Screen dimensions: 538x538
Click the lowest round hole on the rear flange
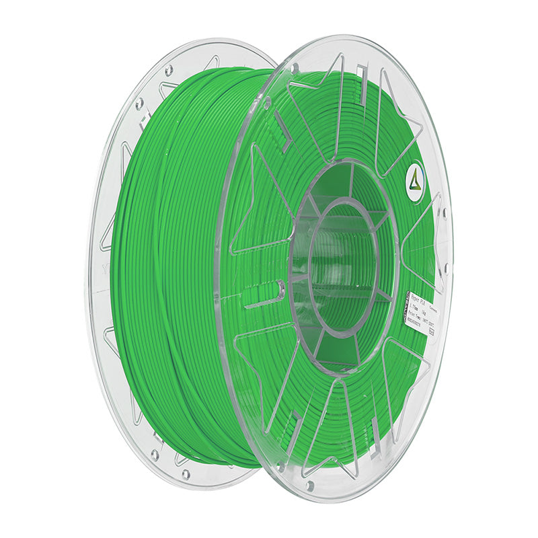click(x=155, y=455)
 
